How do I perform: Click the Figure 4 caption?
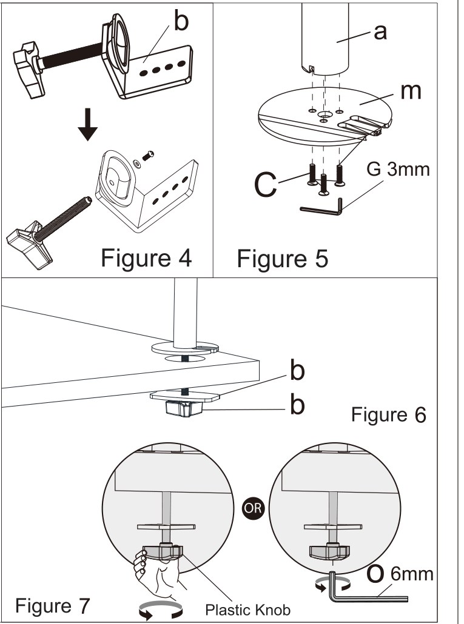tap(146, 258)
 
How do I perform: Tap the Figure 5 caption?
tap(283, 259)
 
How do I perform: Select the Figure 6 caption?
tap(389, 415)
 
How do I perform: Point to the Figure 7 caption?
tap(53, 606)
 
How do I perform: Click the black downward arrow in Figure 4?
tap(87, 125)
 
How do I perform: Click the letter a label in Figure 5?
tap(380, 32)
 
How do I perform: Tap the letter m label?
tap(411, 91)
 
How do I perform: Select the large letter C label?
tap(265, 184)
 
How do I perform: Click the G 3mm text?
tap(398, 169)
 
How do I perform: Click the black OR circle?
tap(252, 508)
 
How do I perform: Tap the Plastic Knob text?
tap(247, 609)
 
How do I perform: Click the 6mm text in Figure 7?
tap(412, 574)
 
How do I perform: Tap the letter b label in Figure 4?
tap(181, 21)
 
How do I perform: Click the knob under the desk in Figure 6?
tap(184, 409)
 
